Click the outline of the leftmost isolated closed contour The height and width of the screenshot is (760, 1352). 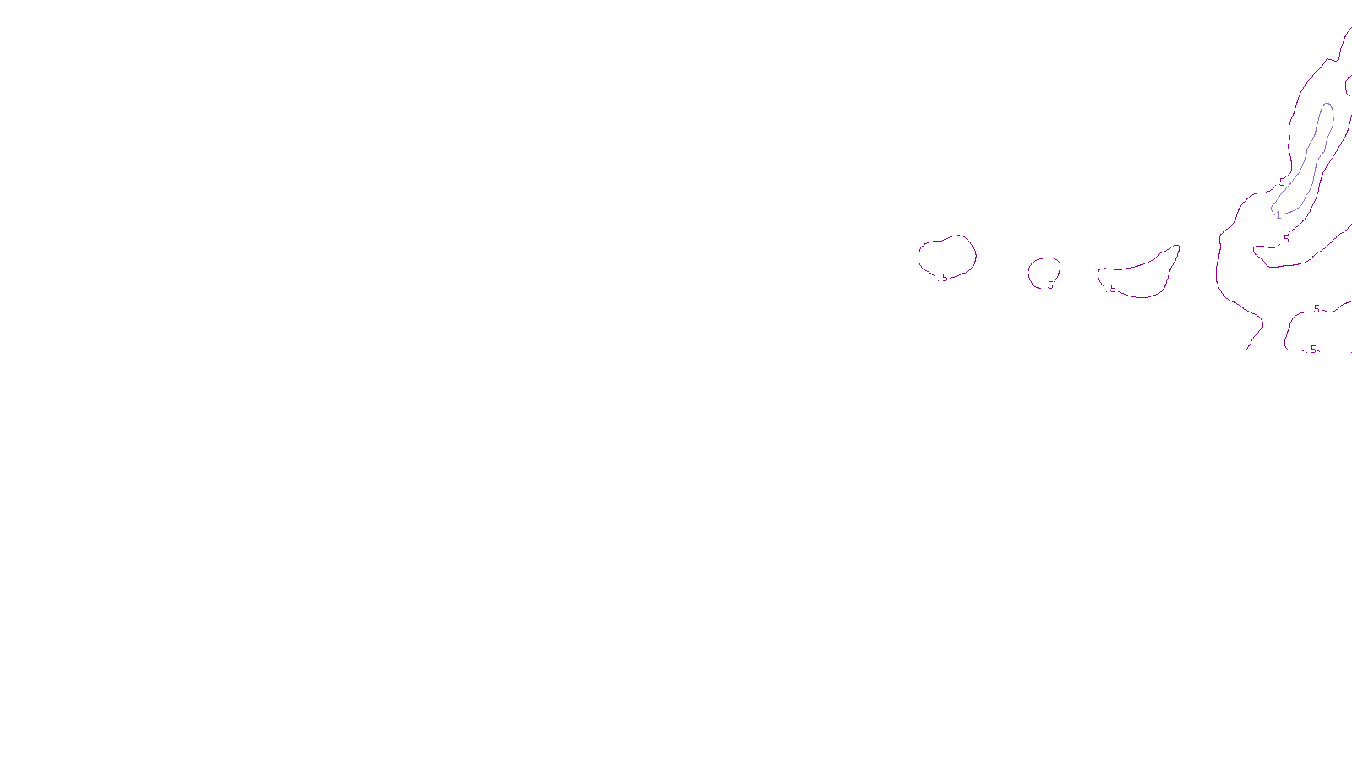pos(919,256)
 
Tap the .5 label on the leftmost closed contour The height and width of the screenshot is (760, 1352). pos(944,278)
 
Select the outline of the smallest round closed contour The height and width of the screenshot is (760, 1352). pos(1029,271)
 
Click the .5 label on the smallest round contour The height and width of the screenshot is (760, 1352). pos(1049,285)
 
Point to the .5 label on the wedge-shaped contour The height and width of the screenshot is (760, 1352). pos(1112,289)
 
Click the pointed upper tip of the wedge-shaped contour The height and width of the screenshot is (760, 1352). pos(1177,246)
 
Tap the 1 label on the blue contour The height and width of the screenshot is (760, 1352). pos(1278,215)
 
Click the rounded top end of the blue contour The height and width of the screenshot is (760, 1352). pos(1327,105)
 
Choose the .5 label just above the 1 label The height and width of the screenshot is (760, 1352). pos(1281,182)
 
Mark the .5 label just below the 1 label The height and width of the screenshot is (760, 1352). pos(1286,239)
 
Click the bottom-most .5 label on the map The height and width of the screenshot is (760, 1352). pos(1312,350)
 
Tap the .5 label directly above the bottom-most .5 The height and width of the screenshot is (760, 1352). pos(1316,309)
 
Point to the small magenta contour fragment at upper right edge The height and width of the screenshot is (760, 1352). pos(1348,84)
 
